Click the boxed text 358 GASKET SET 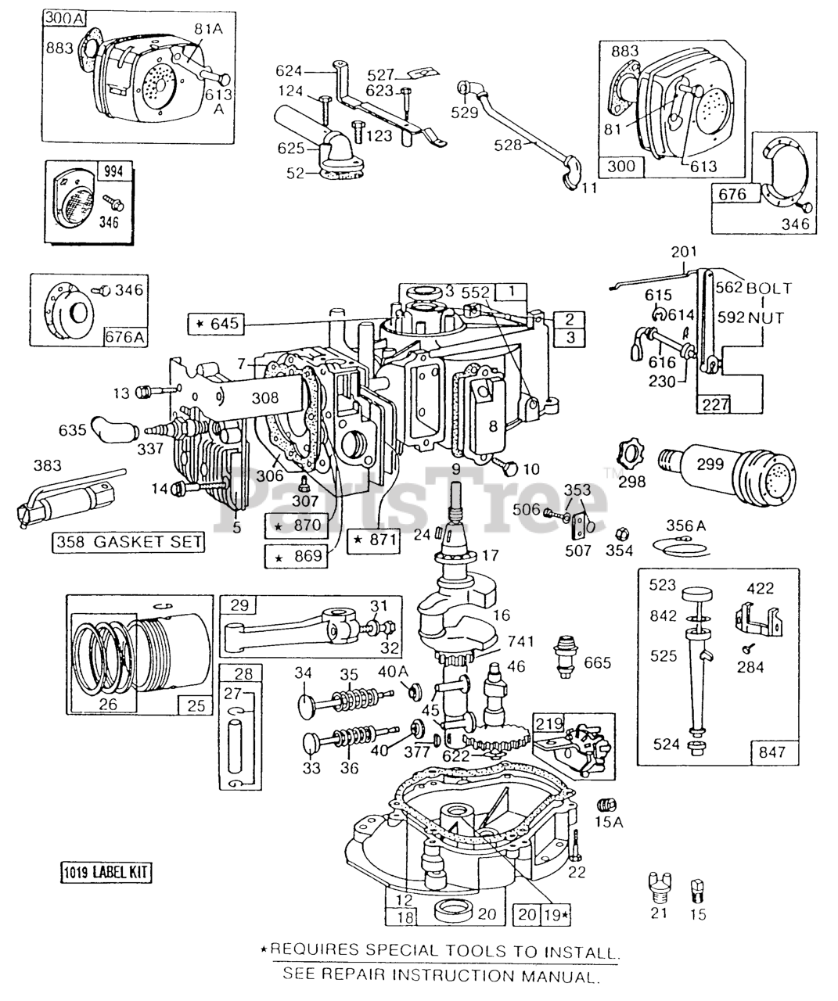coord(128,542)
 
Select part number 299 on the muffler coord(710,464)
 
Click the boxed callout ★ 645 coord(216,324)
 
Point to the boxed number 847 coord(774,752)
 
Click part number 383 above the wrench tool coord(47,465)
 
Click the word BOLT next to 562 coord(769,288)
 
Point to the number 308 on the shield coord(264,397)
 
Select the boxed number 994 coord(113,171)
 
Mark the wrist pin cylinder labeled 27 coord(235,746)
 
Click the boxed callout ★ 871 coord(374,540)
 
